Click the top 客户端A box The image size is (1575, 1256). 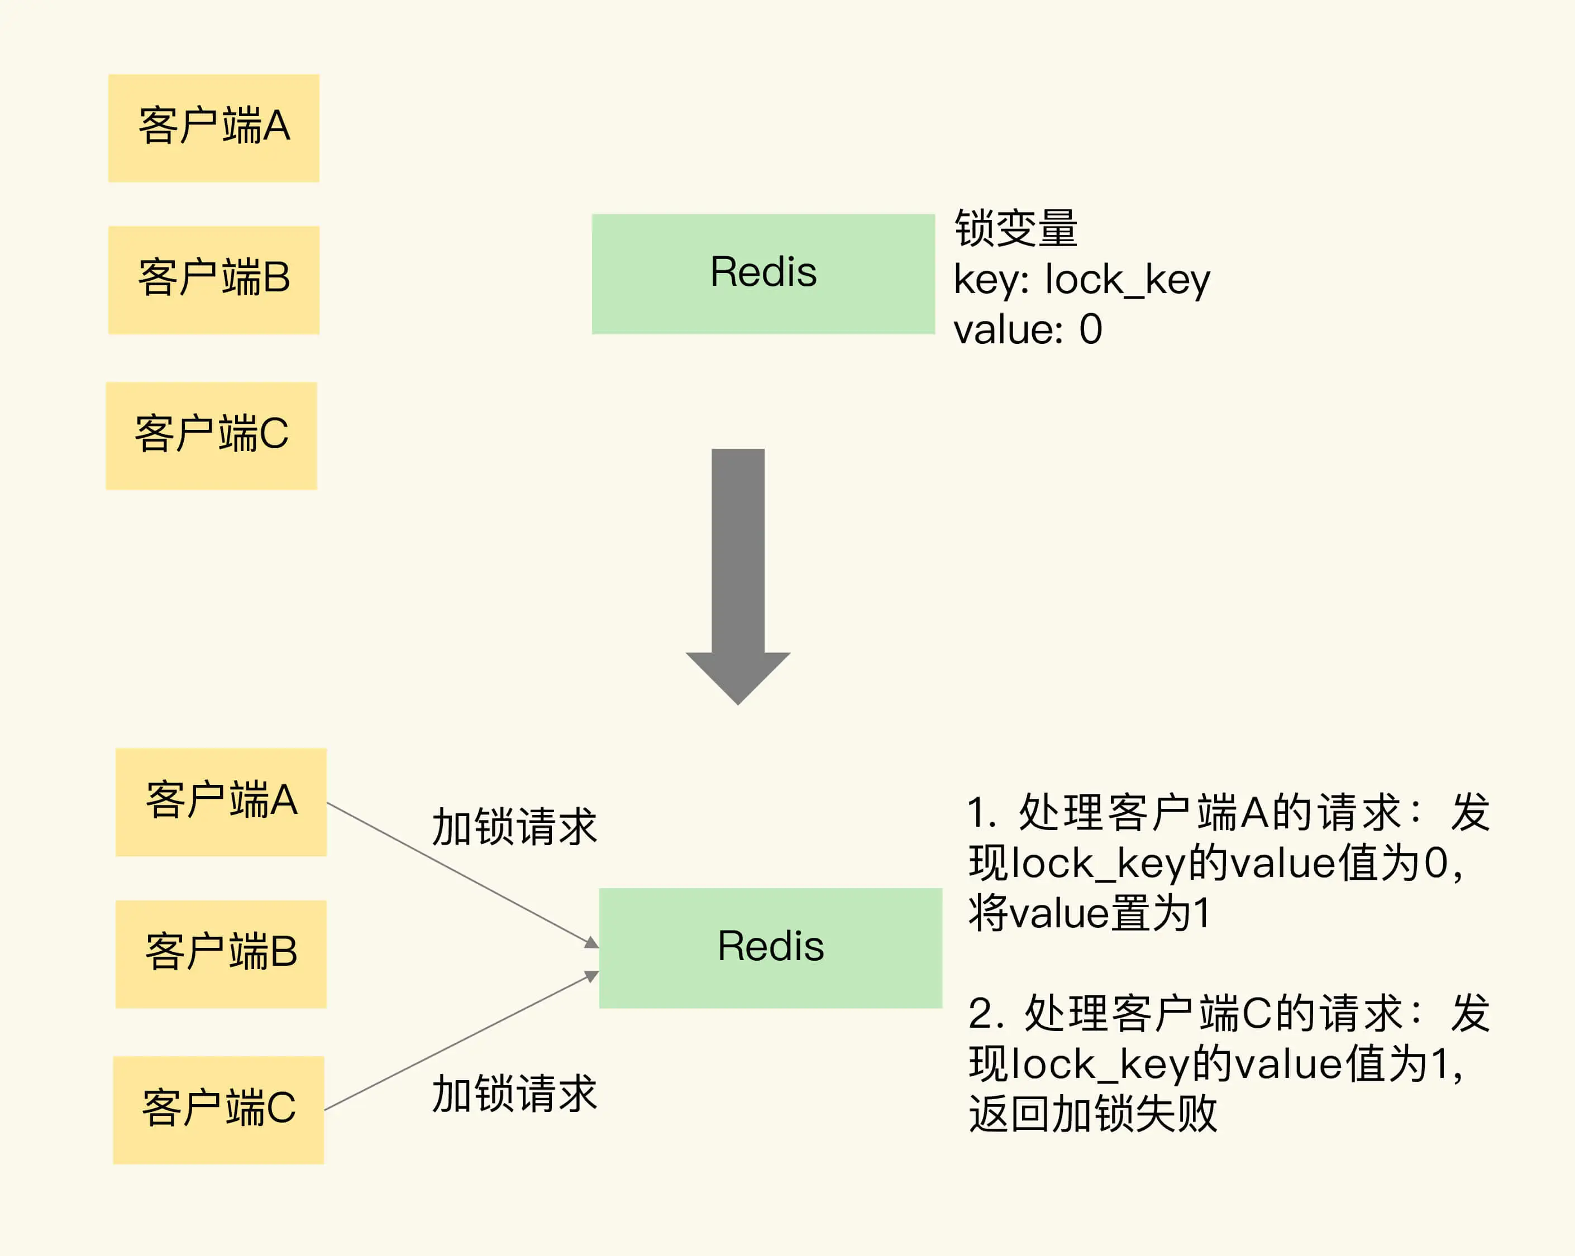pyautogui.click(x=213, y=128)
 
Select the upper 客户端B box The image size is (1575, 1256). pyautogui.click(x=213, y=280)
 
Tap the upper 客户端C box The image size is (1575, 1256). pyautogui.click(x=211, y=435)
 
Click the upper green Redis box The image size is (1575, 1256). pyautogui.click(x=763, y=274)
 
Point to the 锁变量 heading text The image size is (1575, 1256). pyautogui.click(x=1015, y=228)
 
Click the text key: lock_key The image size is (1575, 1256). pyautogui.click(x=1081, y=280)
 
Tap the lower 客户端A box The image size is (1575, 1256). pyautogui.click(x=221, y=802)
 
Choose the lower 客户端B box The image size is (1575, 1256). pyautogui.click(x=221, y=953)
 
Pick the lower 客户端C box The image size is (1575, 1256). pyautogui.click(x=218, y=1109)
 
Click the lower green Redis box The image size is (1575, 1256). pyautogui.click(x=770, y=948)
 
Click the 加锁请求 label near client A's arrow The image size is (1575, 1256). pyautogui.click(x=514, y=827)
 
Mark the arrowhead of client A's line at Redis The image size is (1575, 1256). pyautogui.click(x=593, y=943)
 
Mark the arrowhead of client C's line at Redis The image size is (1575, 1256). pyautogui.click(x=593, y=976)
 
